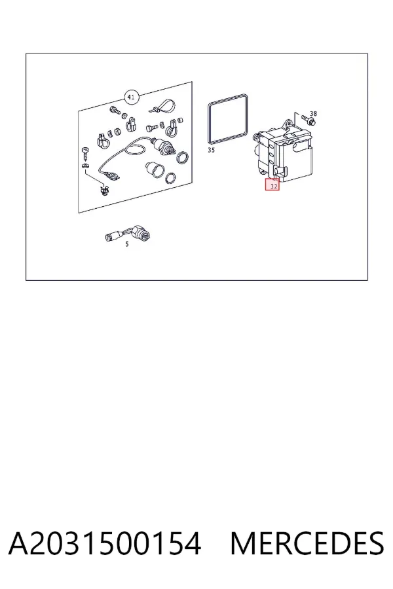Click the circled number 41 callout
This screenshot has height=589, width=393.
[x=131, y=98]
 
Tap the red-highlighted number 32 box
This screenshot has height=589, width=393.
[x=272, y=185]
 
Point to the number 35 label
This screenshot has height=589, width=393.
[x=212, y=151]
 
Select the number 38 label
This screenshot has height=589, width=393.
[x=313, y=113]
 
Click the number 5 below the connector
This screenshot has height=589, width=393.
[x=126, y=244]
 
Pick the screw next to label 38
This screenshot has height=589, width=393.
[x=309, y=120]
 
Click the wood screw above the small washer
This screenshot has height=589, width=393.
[x=84, y=154]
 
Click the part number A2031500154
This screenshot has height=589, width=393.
[x=104, y=544]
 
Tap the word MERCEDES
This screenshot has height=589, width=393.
[x=307, y=544]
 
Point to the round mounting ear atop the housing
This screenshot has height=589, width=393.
[x=288, y=123]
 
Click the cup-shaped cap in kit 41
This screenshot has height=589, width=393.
[x=155, y=169]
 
